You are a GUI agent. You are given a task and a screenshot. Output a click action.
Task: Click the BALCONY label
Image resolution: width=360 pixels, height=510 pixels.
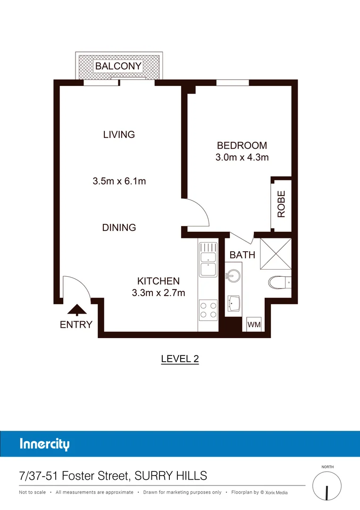pos(118,66)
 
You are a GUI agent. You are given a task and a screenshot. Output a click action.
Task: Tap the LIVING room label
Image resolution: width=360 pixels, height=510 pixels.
pos(119,135)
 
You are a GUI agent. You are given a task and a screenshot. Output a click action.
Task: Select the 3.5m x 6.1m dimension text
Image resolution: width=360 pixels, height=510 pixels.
pos(119,181)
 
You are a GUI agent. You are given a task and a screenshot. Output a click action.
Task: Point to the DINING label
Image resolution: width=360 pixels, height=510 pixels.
pos(119,228)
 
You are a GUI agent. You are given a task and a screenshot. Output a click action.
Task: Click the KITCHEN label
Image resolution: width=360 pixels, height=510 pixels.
pos(158,281)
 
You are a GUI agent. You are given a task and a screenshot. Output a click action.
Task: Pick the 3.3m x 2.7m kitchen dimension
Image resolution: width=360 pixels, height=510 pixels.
pos(158,293)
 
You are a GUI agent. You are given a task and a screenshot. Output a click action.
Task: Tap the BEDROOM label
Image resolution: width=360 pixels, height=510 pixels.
pos(242,146)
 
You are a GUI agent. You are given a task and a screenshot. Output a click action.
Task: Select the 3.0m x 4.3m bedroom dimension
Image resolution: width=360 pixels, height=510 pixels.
pos(242,158)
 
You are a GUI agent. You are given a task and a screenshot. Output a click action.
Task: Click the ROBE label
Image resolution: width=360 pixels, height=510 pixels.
pos(281,204)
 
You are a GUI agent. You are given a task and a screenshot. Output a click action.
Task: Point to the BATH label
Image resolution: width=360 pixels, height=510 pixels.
pos(242,255)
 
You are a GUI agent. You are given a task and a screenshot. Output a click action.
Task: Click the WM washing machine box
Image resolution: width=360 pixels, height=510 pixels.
pos(254,325)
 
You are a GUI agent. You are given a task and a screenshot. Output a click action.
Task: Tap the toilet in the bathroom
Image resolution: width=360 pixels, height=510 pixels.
pos(280,282)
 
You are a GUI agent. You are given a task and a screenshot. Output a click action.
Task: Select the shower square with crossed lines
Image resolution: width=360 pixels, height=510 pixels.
pos(276,254)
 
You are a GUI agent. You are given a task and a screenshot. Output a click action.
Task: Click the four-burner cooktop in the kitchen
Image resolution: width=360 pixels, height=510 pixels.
pos(208,309)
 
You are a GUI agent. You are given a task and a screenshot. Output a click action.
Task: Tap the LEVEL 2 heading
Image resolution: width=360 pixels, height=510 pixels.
pos(180,358)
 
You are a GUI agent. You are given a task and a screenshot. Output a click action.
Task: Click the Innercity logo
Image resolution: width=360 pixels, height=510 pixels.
pos(45,444)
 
